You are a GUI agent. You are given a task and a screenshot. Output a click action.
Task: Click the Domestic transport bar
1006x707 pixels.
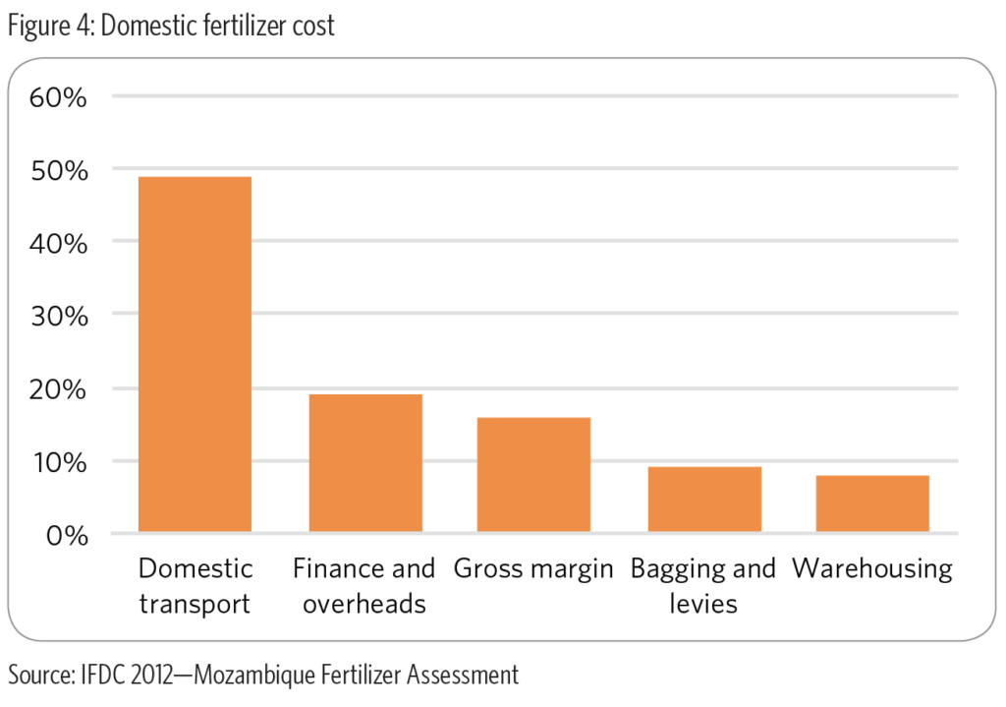[x=195, y=355]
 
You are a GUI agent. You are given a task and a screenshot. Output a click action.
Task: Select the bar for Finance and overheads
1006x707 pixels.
[x=365, y=463]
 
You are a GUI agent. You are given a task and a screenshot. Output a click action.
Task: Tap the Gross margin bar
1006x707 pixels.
[x=533, y=475]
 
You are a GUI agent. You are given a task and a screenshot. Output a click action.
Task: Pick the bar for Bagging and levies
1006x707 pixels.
[x=704, y=500]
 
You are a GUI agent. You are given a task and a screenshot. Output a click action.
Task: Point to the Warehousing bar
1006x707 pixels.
[x=872, y=504]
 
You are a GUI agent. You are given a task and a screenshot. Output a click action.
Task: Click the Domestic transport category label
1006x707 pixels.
[x=195, y=585]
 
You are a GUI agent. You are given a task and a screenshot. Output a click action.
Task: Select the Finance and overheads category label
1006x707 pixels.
[x=364, y=585]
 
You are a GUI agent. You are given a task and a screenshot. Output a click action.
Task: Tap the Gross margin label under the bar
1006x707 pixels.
[x=533, y=568]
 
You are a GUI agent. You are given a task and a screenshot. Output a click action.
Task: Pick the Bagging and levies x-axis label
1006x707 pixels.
[x=703, y=585]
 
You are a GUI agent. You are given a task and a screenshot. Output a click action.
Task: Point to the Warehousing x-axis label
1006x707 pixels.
[x=872, y=569]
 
